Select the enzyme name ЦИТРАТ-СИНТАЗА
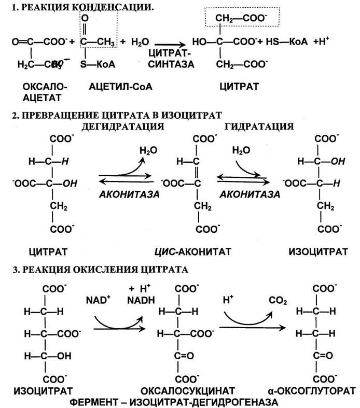[171, 59]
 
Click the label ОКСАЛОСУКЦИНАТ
[192, 388]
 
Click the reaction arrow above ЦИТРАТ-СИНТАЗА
[171, 45]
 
